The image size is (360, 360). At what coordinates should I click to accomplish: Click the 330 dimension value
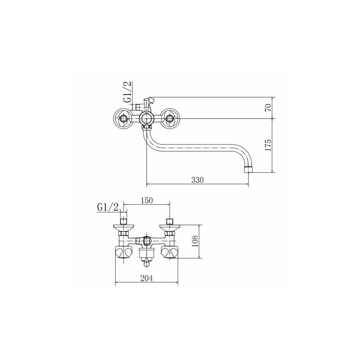[197, 180]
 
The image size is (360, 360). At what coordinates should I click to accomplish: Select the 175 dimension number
[268, 145]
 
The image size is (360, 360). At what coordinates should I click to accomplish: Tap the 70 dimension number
[268, 108]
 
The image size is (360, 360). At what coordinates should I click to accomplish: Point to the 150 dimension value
[147, 200]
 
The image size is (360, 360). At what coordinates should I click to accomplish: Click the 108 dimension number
[195, 241]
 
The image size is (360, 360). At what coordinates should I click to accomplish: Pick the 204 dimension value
[147, 278]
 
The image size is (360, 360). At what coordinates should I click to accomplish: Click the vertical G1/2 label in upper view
[128, 92]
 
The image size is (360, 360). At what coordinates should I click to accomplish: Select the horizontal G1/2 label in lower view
[108, 207]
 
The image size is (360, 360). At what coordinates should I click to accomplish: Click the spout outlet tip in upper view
[248, 170]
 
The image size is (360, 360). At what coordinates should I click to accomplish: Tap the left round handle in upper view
[123, 118]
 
